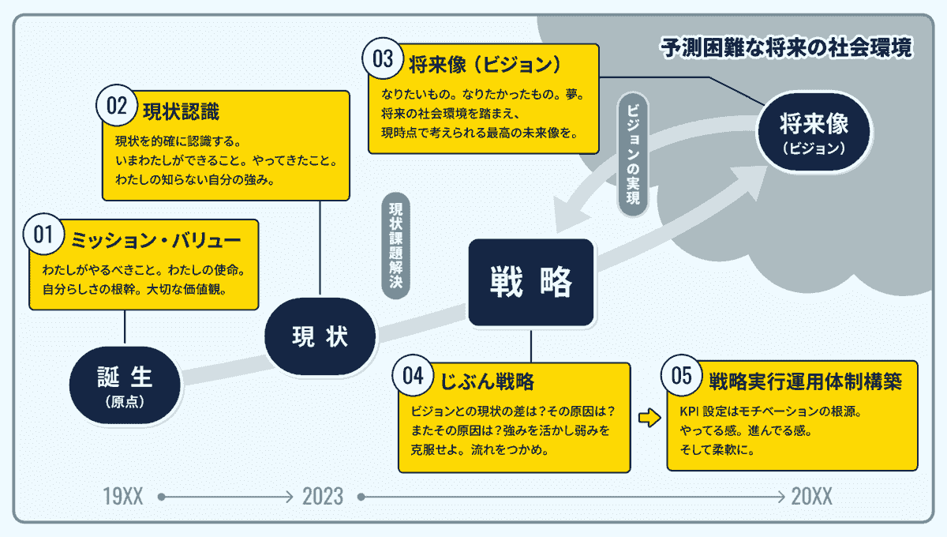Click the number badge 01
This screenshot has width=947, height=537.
(x=43, y=235)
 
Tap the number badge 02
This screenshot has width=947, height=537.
(x=117, y=107)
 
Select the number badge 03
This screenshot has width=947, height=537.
(x=383, y=61)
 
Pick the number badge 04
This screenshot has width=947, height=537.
(x=413, y=377)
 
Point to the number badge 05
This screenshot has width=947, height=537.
(x=681, y=377)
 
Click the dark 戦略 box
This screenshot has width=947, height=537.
(x=530, y=282)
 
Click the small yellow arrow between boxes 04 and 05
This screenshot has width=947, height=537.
(x=649, y=418)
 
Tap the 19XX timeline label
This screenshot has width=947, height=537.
(x=123, y=497)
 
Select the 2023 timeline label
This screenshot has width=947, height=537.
(x=323, y=497)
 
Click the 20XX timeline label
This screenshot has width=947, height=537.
(x=811, y=497)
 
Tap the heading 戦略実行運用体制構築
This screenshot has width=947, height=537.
(x=805, y=381)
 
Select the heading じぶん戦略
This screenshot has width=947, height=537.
(x=484, y=381)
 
